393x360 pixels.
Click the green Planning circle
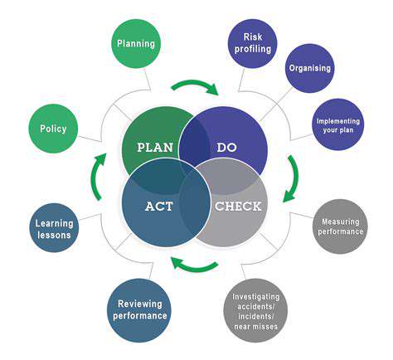[136, 44]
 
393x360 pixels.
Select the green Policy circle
[53, 129]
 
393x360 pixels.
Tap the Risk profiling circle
[253, 43]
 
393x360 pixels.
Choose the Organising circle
[310, 68]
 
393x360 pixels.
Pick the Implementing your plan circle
[338, 124]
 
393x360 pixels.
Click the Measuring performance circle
[341, 226]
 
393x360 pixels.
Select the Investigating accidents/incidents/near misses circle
[255, 310]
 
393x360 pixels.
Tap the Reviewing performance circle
[139, 310]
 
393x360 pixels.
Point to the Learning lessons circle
[54, 228]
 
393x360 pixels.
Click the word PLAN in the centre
[155, 148]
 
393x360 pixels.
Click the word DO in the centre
[227, 148]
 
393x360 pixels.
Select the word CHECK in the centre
[238, 207]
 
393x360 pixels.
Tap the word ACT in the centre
[159, 207]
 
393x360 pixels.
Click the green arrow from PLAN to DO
[195, 82]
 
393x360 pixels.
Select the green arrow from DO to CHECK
[295, 178]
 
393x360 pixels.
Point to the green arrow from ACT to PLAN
[95, 177]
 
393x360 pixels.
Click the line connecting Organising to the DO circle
[276, 105]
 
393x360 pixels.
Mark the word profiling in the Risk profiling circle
[253, 49]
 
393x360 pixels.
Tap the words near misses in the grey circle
[255, 327]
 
